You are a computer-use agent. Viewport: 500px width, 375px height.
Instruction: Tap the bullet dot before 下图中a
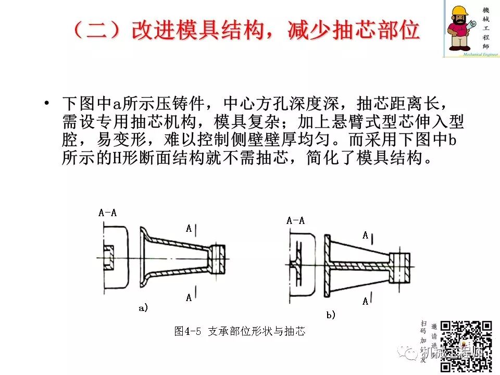click(x=48, y=104)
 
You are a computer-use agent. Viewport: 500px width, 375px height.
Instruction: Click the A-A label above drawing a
click(x=108, y=213)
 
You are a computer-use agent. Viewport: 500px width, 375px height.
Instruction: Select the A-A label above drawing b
click(x=295, y=220)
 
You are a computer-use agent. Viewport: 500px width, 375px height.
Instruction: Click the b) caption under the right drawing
click(x=331, y=315)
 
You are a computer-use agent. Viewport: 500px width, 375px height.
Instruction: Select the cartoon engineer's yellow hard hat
click(x=460, y=11)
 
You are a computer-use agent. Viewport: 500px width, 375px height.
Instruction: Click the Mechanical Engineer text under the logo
click(x=470, y=53)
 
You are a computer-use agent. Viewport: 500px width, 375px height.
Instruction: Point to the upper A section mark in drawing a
click(x=189, y=228)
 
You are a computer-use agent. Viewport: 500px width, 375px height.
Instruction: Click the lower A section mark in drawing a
click(x=189, y=298)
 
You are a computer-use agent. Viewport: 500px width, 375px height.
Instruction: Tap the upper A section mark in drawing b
click(x=366, y=235)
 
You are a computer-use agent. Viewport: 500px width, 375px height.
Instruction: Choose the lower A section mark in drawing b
click(x=366, y=301)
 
